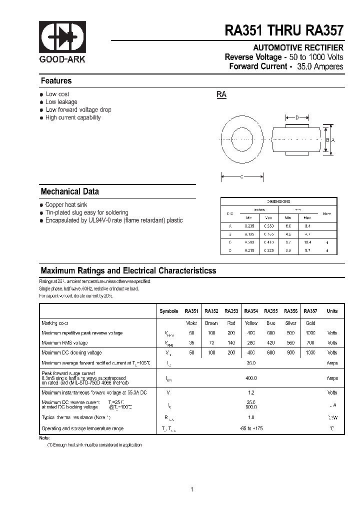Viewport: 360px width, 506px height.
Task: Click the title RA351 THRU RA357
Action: [x=284, y=31]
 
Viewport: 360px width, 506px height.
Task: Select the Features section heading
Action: [x=56, y=81]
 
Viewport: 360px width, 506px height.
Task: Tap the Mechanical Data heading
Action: [x=69, y=191]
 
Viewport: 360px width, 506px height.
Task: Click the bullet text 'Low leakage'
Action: [x=61, y=102]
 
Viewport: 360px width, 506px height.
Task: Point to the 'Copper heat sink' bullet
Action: [x=66, y=205]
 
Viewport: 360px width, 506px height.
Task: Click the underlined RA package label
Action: [x=221, y=94]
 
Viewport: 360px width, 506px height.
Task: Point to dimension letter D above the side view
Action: [x=296, y=118]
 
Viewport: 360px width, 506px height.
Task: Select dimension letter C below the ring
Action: [x=242, y=176]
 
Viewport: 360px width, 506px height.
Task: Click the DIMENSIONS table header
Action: [x=278, y=201]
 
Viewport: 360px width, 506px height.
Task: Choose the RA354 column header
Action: [x=251, y=311]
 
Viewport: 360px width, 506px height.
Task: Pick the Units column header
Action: [x=332, y=311]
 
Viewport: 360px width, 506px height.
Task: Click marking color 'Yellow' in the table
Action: [x=251, y=323]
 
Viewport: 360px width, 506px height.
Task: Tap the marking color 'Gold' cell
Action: [x=310, y=323]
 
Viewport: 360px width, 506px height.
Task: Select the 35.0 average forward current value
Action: [x=251, y=363]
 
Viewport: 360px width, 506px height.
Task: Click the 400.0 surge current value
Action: [x=251, y=378]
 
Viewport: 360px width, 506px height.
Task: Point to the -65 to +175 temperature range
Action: [x=251, y=428]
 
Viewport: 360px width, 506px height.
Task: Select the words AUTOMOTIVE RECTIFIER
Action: [x=298, y=48]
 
